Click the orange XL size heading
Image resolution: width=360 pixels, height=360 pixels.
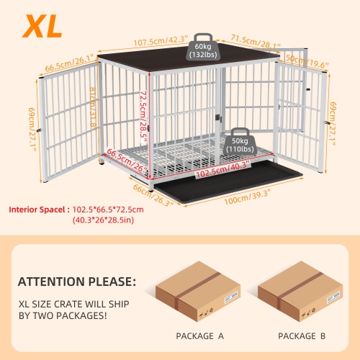pos(41,25)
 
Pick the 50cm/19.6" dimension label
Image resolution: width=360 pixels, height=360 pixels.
pos(307,62)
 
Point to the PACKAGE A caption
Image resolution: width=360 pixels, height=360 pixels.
pos(195,336)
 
